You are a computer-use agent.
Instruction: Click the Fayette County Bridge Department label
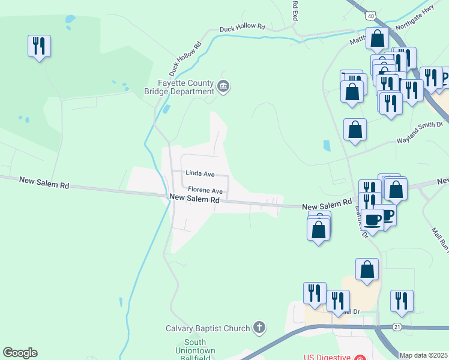[x=185, y=87]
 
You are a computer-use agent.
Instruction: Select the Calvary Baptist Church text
[x=208, y=328]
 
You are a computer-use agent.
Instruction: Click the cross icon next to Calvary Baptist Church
[x=259, y=328]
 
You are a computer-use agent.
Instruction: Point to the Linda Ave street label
[x=200, y=173]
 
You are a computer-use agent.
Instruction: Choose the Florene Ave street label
[x=205, y=191]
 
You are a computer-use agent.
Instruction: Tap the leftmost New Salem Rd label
[x=44, y=183]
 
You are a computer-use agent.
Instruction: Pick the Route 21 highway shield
[x=397, y=326]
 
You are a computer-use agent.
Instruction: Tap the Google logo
[x=20, y=353]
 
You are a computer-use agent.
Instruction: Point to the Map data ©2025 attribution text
[x=423, y=355]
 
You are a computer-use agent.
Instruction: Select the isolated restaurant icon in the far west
[x=39, y=46]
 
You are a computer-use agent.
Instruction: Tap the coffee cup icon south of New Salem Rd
[x=372, y=219]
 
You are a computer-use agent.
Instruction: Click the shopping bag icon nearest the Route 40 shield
[x=377, y=38]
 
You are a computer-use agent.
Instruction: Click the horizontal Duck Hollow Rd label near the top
[x=243, y=27]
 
